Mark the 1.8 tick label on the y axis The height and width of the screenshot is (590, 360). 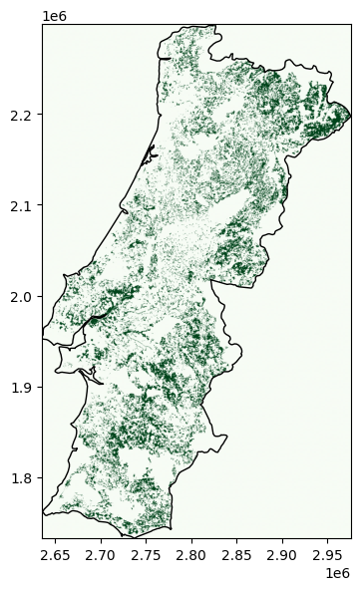pos(23,478)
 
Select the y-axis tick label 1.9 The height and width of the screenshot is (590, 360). pos(23,388)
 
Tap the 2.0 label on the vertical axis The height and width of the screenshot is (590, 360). pos(23,297)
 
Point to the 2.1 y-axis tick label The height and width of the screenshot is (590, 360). pos(23,206)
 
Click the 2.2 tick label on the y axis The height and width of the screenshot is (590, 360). pos(23,116)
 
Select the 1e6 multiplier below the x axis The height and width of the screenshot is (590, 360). pos(341,574)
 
